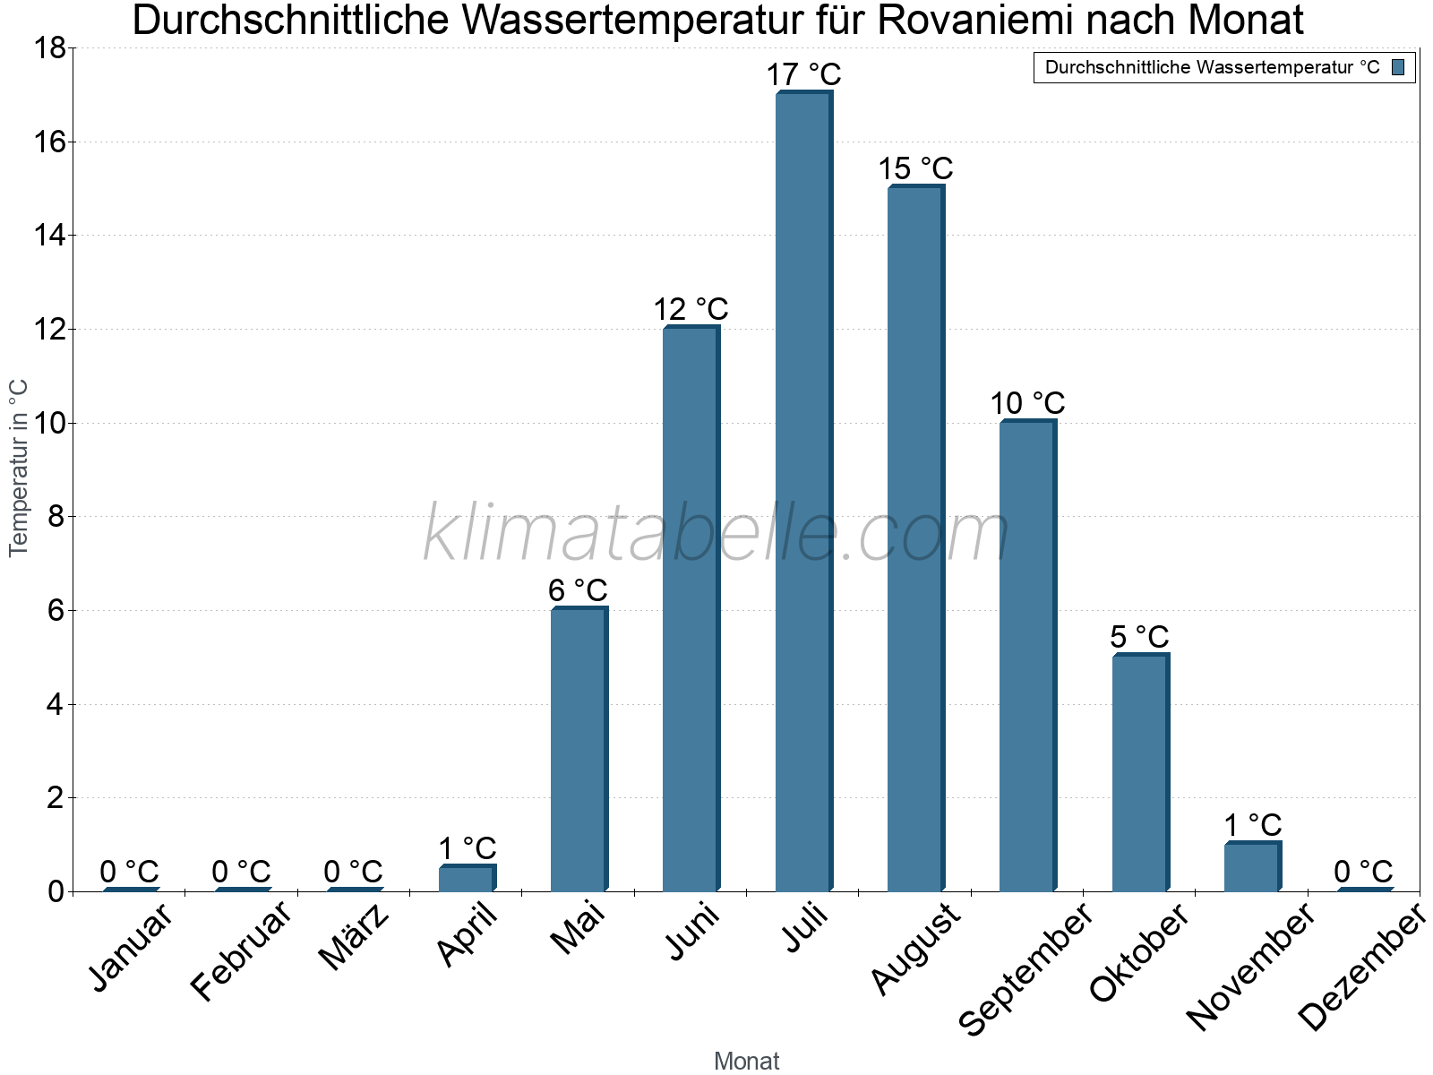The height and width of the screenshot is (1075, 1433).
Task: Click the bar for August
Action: [915, 537]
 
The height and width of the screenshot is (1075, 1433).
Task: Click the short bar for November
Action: [1252, 867]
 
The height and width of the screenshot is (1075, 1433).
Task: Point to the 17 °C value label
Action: [803, 74]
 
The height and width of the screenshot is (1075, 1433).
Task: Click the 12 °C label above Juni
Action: [691, 310]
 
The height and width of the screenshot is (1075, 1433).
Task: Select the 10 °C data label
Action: [1027, 404]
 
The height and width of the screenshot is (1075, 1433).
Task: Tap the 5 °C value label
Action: [1139, 637]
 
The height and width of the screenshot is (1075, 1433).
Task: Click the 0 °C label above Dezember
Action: [1363, 872]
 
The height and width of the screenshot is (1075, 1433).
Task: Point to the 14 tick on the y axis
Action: [50, 236]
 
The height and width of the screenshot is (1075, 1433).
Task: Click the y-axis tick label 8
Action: [56, 517]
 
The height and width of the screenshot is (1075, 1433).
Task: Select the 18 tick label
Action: [50, 47]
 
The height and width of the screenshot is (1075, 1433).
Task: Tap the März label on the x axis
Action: [355, 939]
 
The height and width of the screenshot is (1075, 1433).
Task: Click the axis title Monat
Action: [746, 1062]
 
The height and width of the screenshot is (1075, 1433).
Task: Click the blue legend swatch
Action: [1398, 67]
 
